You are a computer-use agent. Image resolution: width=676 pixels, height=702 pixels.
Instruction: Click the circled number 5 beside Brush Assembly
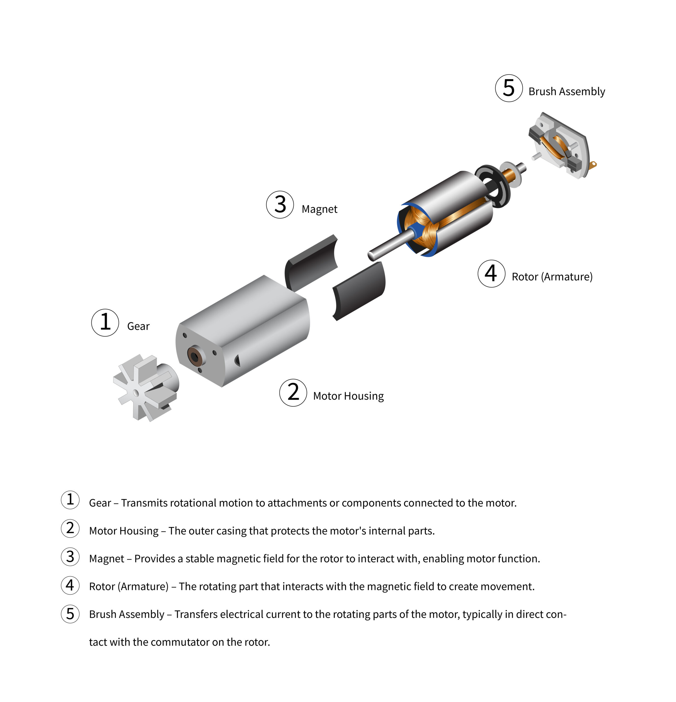[509, 88]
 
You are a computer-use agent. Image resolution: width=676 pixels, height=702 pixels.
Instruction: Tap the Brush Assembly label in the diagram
[566, 92]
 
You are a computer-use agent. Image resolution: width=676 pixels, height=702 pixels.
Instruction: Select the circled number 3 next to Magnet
[280, 205]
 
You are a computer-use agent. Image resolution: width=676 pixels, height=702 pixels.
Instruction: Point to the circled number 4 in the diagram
[491, 273]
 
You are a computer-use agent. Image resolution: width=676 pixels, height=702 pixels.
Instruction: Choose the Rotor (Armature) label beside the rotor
[552, 276]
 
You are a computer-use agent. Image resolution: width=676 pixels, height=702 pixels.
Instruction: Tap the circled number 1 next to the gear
[105, 322]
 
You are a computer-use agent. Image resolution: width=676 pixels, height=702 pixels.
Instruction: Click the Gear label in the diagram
[138, 326]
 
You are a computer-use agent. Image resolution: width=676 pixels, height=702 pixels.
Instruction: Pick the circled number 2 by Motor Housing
[293, 393]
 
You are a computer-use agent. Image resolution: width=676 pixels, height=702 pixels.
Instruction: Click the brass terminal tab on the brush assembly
[593, 165]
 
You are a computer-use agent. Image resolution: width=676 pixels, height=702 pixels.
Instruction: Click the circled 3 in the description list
[70, 557]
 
